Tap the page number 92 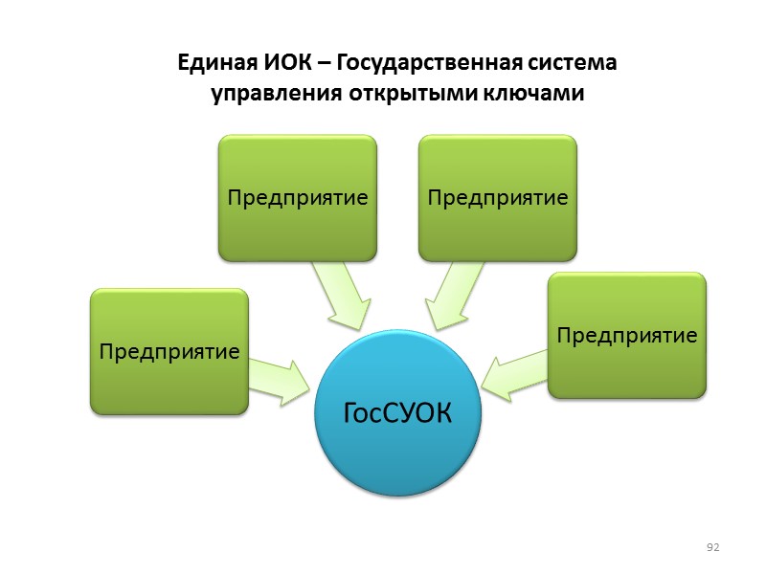(x=711, y=547)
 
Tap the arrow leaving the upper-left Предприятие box (x=341, y=295)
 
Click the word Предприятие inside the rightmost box (x=627, y=335)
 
